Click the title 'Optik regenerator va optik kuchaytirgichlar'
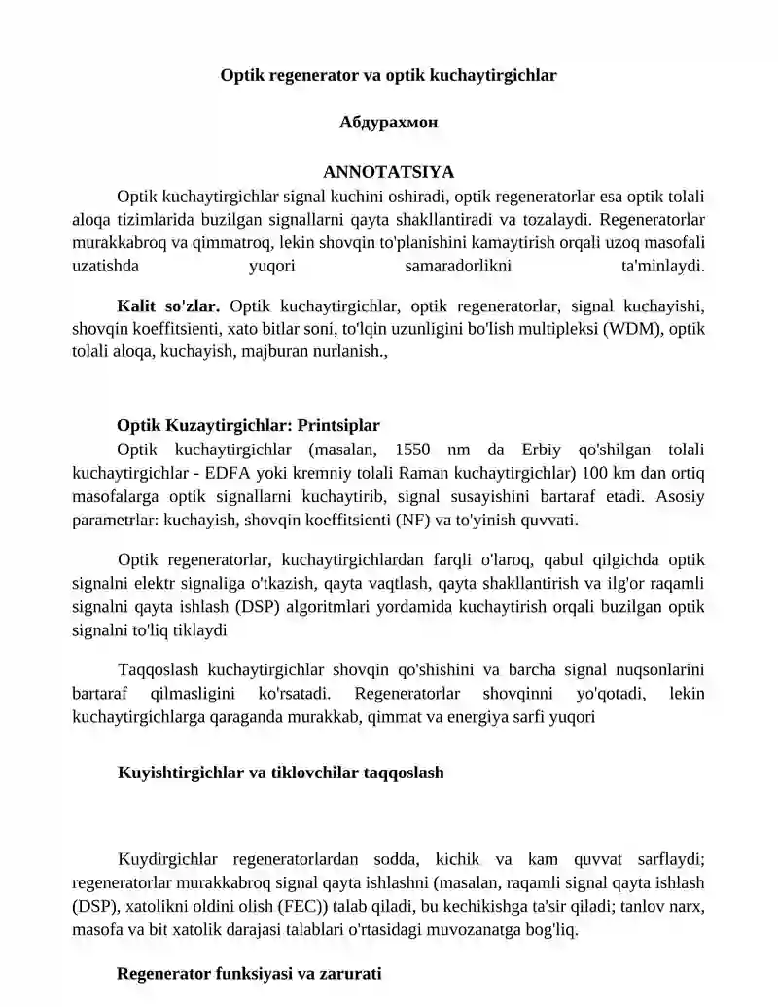(388, 74)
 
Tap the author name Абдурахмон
(388, 123)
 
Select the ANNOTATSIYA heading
(388, 172)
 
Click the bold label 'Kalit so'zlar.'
(168, 306)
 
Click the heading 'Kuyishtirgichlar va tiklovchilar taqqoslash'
(281, 773)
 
